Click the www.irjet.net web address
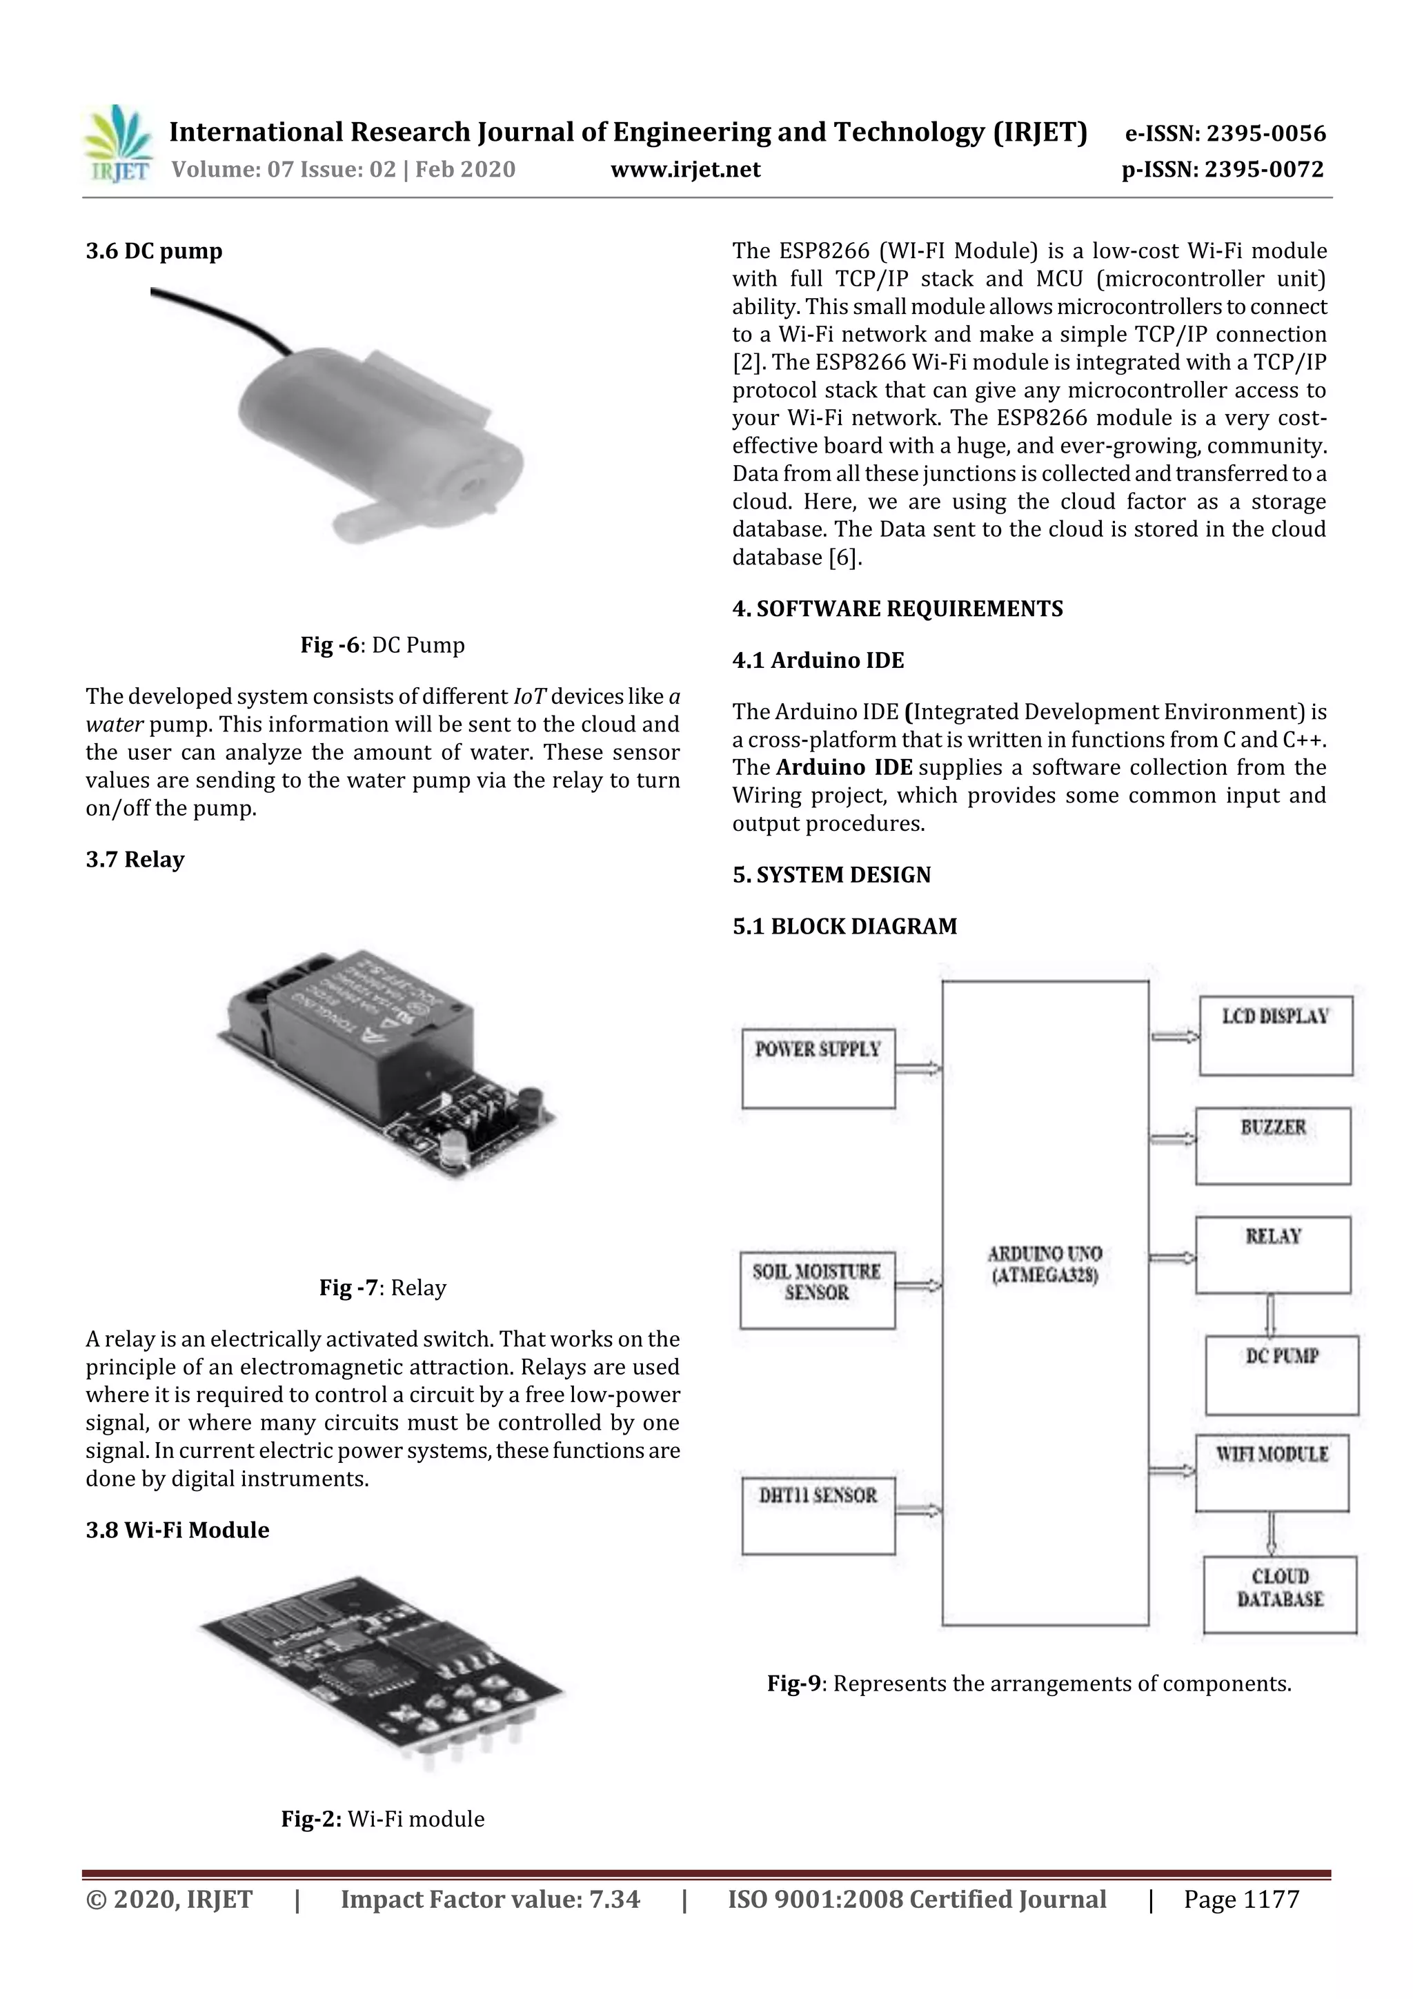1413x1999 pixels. pyautogui.click(x=685, y=169)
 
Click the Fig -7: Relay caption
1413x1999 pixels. pyautogui.click(x=382, y=1287)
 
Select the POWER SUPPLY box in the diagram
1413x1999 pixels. pyautogui.click(x=818, y=1067)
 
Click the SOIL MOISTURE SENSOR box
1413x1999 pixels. pyautogui.click(x=817, y=1290)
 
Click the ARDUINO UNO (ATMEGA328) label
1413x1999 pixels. pyautogui.click(x=1045, y=1264)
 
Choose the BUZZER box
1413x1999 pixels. pyautogui.click(x=1273, y=1145)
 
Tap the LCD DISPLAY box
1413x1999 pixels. pyautogui.click(x=1276, y=1035)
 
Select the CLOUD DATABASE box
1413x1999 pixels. pyautogui.click(x=1280, y=1594)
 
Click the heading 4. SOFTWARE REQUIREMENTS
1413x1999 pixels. pyautogui.click(x=898, y=609)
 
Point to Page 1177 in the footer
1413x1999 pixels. pyautogui.click(x=1241, y=1898)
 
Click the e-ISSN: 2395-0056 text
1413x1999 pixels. pyautogui.click(x=1225, y=133)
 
